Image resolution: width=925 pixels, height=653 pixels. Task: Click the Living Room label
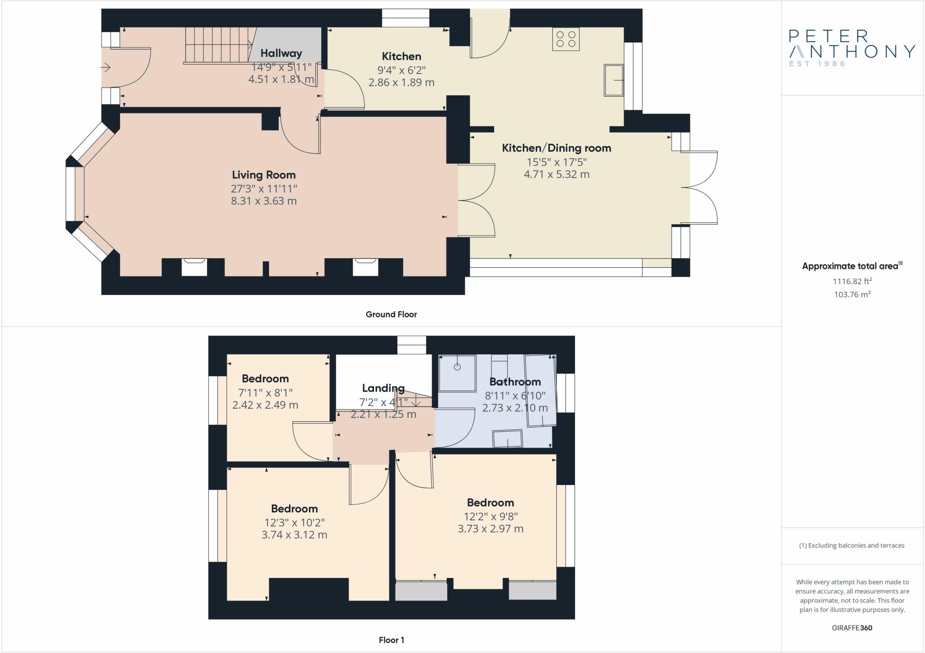tap(264, 175)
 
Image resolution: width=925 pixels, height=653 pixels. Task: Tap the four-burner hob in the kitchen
tap(566, 39)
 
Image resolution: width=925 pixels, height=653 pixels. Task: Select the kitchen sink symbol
tap(613, 80)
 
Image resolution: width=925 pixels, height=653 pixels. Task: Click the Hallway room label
tap(281, 53)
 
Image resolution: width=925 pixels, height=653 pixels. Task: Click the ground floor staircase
tap(219, 45)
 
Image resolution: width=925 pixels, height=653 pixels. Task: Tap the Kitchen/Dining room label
tap(556, 148)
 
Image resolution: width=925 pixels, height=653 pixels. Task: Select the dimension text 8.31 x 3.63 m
tap(264, 201)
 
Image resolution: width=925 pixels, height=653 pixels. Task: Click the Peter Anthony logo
tap(852, 48)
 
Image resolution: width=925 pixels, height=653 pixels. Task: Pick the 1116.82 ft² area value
tap(852, 281)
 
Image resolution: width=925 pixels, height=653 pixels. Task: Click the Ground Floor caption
tap(391, 314)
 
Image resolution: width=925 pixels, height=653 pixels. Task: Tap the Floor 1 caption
tap(392, 640)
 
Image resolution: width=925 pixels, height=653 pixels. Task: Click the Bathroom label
tap(515, 382)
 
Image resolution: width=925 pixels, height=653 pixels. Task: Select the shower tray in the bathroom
tap(457, 373)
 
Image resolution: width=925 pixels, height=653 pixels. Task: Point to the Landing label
tap(383, 388)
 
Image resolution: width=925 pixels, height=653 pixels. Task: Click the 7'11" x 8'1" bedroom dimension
tap(265, 392)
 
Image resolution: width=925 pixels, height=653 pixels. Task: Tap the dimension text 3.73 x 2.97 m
tap(491, 529)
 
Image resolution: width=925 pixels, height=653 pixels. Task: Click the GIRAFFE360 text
tap(852, 628)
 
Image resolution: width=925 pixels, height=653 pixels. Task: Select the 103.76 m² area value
tap(852, 294)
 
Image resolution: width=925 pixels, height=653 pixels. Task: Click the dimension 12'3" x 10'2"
tap(294, 522)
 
